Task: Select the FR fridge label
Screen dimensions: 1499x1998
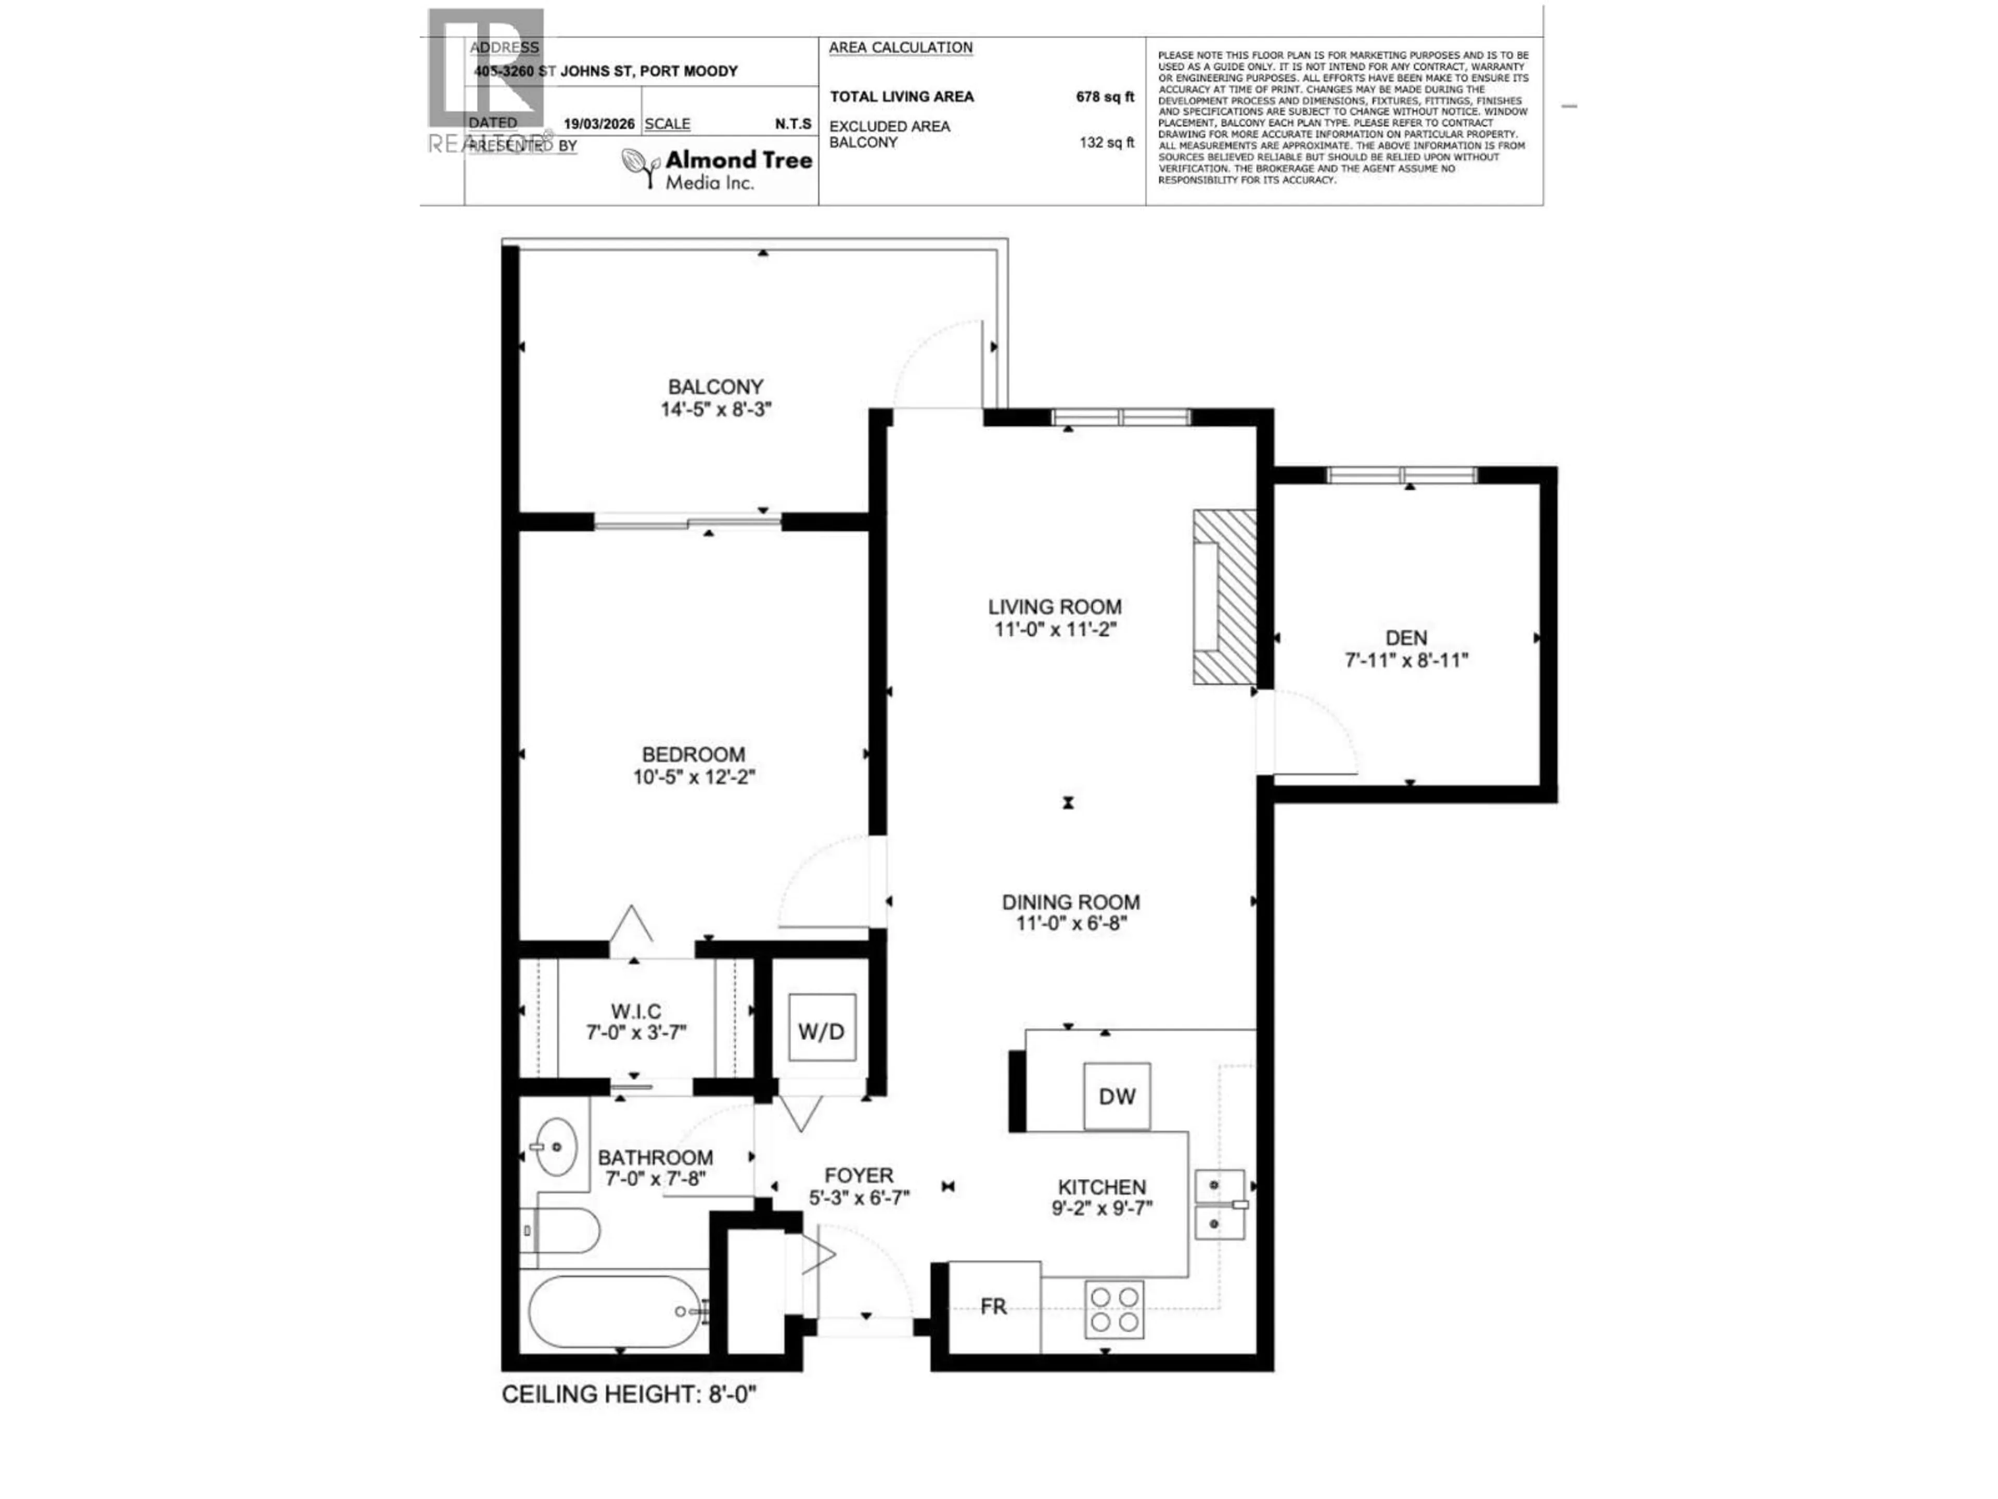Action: [993, 1306]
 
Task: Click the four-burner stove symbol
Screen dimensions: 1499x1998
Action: [1113, 1309]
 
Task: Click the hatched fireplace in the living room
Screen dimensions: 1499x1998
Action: [1225, 597]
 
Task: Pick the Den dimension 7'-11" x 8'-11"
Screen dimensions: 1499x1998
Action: [1406, 660]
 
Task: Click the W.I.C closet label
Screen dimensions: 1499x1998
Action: [636, 1011]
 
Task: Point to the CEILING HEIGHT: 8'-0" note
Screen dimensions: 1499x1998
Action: [629, 1394]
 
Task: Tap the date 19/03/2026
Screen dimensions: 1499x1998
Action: [599, 124]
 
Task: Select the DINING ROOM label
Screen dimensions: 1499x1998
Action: [1070, 902]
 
